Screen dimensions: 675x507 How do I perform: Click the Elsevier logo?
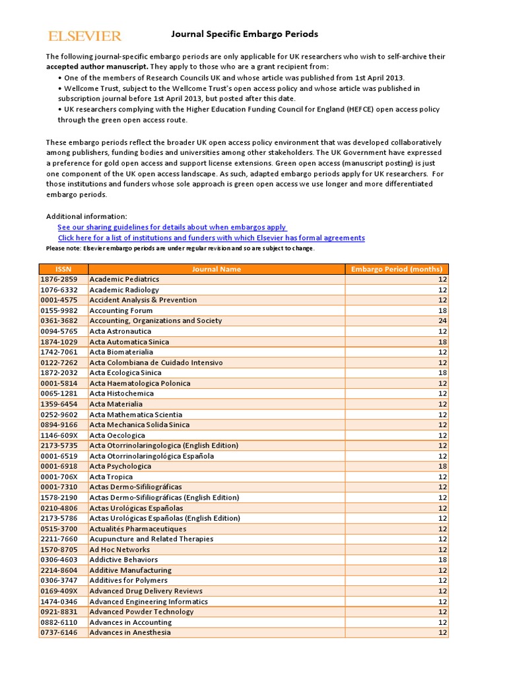(84, 36)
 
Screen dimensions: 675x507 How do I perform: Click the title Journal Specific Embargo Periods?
(245, 34)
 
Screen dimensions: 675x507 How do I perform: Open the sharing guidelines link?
(172, 227)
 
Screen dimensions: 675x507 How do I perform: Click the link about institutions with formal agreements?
(211, 237)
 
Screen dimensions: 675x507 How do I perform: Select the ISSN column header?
(63, 269)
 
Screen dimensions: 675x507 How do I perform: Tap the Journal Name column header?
(216, 269)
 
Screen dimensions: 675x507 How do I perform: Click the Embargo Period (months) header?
(396, 269)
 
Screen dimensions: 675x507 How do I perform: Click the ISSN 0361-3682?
(59, 320)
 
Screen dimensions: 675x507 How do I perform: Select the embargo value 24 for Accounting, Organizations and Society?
(442, 321)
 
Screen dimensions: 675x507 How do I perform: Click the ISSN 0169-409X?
(59, 591)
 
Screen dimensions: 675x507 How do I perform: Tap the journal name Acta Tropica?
(111, 477)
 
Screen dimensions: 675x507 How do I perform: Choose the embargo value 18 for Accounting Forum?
(442, 310)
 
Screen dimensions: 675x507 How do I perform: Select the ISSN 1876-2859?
(59, 279)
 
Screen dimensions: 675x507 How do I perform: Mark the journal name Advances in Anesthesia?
(130, 632)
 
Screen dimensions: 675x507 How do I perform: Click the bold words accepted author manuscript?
(97, 67)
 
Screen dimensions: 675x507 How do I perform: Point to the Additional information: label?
(86, 216)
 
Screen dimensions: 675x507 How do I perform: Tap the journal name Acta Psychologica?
(120, 466)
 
